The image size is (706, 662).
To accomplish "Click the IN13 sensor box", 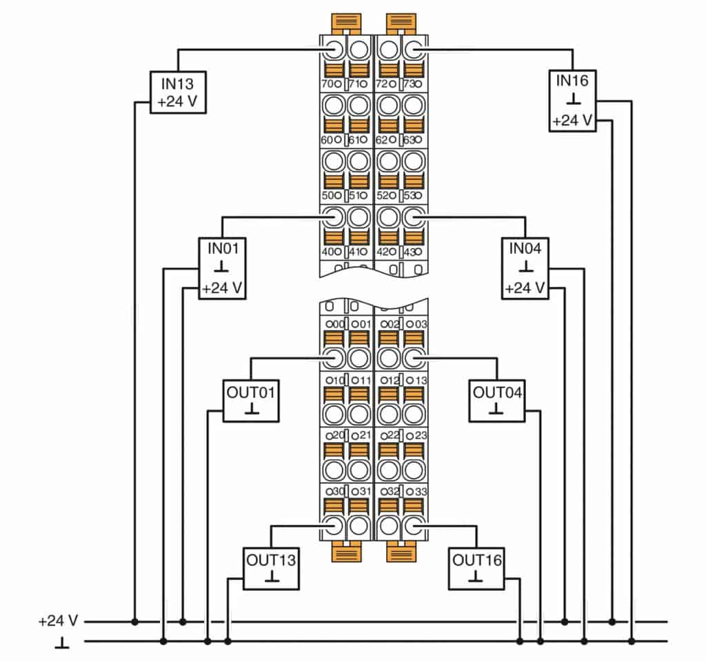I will pyautogui.click(x=179, y=93).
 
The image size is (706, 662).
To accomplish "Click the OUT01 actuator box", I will pyautogui.click(x=251, y=400).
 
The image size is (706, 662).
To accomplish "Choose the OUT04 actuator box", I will pyautogui.click(x=496, y=400).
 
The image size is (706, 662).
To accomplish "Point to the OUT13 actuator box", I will pyautogui.click(x=271, y=568).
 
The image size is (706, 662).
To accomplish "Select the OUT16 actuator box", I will pyautogui.click(x=476, y=568).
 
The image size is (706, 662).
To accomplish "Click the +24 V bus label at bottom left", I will pyautogui.click(x=59, y=621).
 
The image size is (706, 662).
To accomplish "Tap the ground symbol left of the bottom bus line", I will pyautogui.click(x=61, y=643).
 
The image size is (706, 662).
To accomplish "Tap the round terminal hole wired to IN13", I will pyautogui.click(x=333, y=49).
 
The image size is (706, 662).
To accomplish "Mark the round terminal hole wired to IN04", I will pyautogui.click(x=412, y=217).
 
